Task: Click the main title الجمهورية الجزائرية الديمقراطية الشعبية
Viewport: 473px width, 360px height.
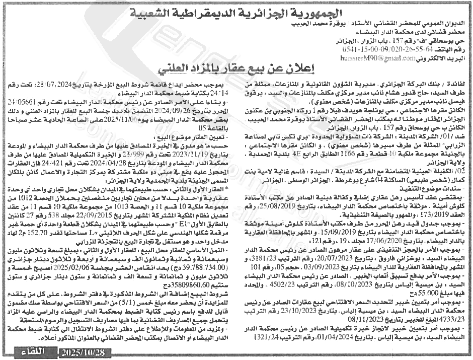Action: (236, 12)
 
